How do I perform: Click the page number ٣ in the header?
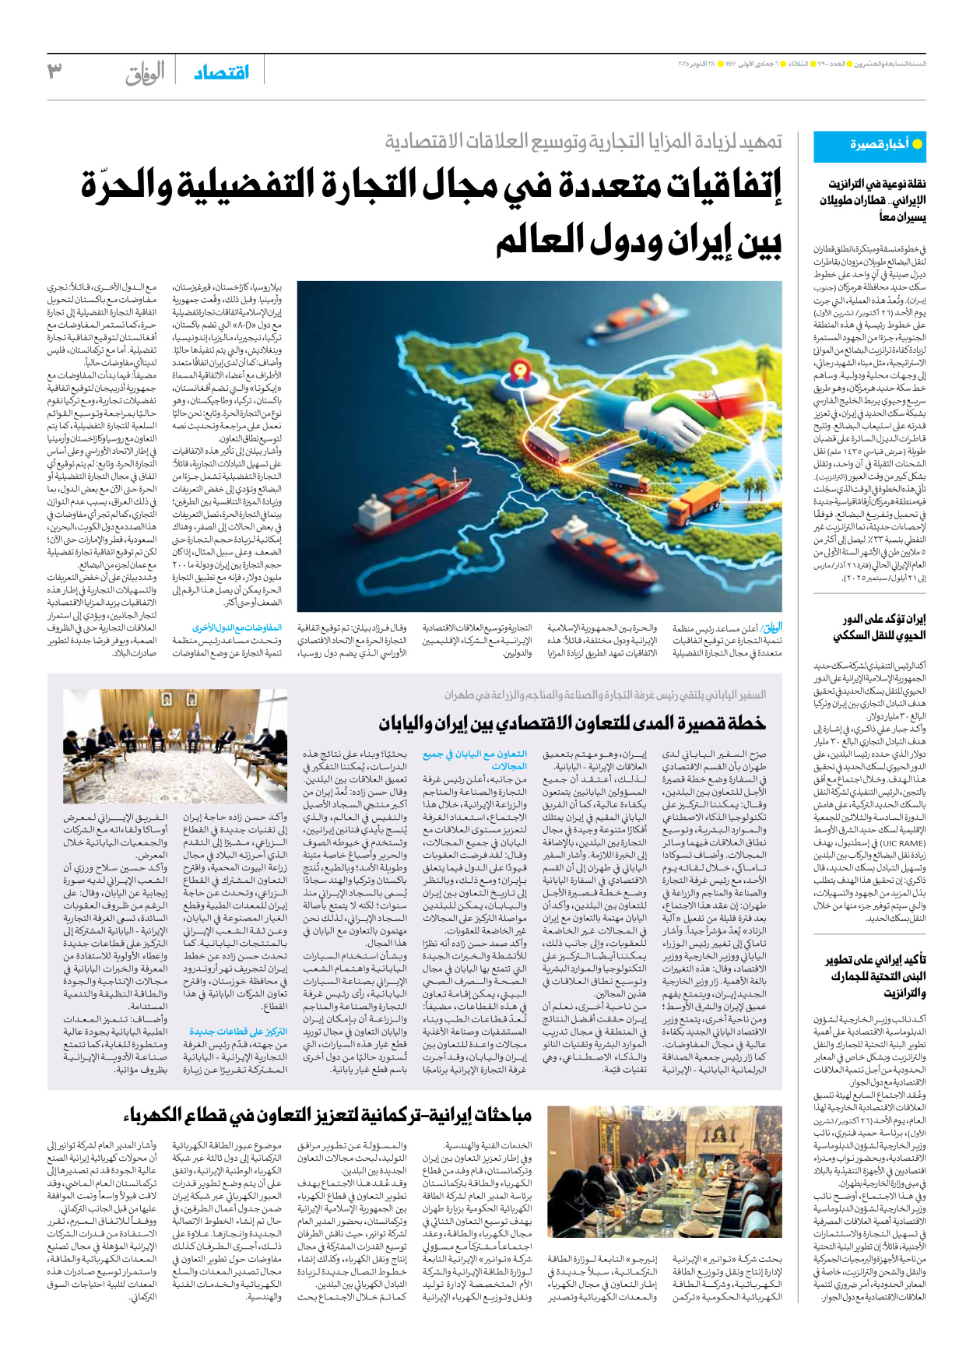[54, 72]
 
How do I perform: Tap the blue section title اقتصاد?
[221, 72]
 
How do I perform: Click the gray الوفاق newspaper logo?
[146, 73]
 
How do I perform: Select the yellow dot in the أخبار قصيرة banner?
[917, 145]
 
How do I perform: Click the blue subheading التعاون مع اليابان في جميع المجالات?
[475, 760]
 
